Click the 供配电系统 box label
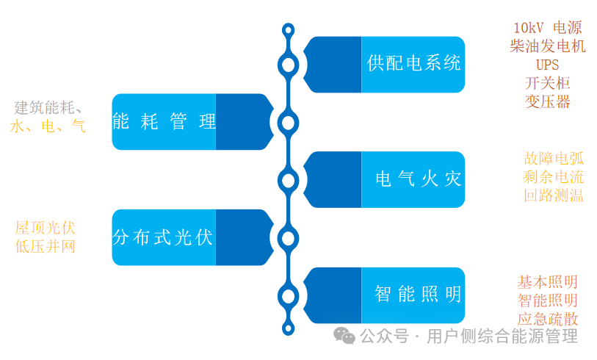pyautogui.click(x=413, y=63)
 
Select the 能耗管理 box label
pyautogui.click(x=164, y=122)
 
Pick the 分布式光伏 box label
pyautogui.click(x=163, y=237)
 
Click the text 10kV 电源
pyautogui.click(x=547, y=28)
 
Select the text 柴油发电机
pyautogui.click(x=547, y=46)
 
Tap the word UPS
pyautogui.click(x=547, y=65)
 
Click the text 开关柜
pyautogui.click(x=547, y=83)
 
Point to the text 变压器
pyautogui.click(x=547, y=101)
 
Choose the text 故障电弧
pyautogui.click(x=554, y=158)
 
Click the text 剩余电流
pyautogui.click(x=554, y=176)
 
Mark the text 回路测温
pyautogui.click(x=554, y=195)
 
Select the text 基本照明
pyautogui.click(x=547, y=282)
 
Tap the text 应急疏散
pyautogui.click(x=547, y=319)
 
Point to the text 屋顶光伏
pyautogui.click(x=45, y=227)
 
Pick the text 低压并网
pyautogui.click(x=45, y=246)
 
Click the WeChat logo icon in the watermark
pyautogui.click(x=344, y=335)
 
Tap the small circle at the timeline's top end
pyautogui.click(x=289, y=30)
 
